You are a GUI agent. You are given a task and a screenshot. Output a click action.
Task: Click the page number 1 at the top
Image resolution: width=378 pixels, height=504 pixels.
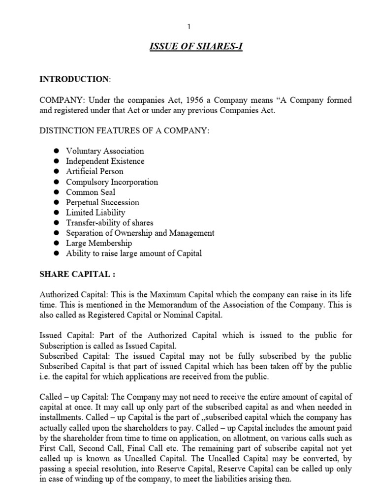tap(189, 27)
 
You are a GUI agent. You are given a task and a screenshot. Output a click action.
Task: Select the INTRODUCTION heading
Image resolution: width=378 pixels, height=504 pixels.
tap(73, 79)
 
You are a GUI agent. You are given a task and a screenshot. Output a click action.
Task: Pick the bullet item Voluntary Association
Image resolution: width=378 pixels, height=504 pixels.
tap(105, 151)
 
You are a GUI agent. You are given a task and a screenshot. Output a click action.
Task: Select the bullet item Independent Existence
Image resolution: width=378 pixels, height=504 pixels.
tap(105, 161)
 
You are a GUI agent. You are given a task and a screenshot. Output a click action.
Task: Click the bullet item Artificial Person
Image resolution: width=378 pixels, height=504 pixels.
tap(94, 172)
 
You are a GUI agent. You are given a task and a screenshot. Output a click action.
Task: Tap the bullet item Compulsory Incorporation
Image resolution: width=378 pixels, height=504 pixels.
tap(112, 182)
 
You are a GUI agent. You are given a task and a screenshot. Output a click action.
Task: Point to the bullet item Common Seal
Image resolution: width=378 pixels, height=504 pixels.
tap(91, 192)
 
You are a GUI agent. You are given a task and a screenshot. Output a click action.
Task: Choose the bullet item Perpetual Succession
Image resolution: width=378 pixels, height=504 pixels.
tap(102, 202)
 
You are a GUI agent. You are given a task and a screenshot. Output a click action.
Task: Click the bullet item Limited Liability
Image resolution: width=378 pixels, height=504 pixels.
tap(95, 213)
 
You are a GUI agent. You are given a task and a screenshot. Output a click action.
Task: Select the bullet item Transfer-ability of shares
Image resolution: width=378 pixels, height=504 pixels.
tap(110, 223)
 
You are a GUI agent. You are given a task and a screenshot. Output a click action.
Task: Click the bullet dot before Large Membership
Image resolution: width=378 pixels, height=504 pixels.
tap(56, 244)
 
